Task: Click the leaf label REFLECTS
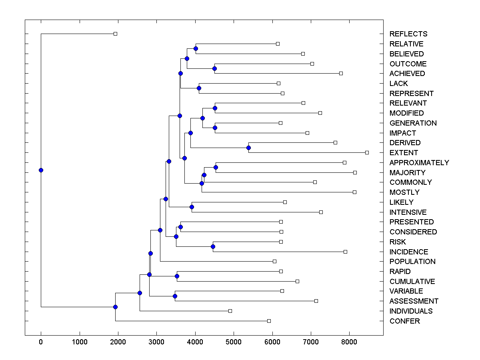[x=408, y=34]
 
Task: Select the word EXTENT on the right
[x=404, y=153]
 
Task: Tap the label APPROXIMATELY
[x=419, y=163]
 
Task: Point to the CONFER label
[x=404, y=321]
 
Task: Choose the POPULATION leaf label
[x=412, y=262]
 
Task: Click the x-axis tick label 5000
[x=234, y=342]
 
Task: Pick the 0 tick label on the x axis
[x=41, y=342]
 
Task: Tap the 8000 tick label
[x=349, y=342]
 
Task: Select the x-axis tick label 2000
[x=118, y=342]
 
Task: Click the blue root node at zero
[x=41, y=170]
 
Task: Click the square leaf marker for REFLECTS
[x=115, y=34]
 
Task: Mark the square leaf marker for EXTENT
[x=367, y=152]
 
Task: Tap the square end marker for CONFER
[x=269, y=321]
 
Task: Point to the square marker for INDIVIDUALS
[x=230, y=311]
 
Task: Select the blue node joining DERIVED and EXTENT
[x=248, y=148]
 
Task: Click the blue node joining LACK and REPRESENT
[x=199, y=88]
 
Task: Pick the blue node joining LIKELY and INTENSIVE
[x=192, y=207]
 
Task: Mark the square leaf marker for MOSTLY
[x=354, y=192]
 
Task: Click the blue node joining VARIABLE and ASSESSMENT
[x=175, y=296]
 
